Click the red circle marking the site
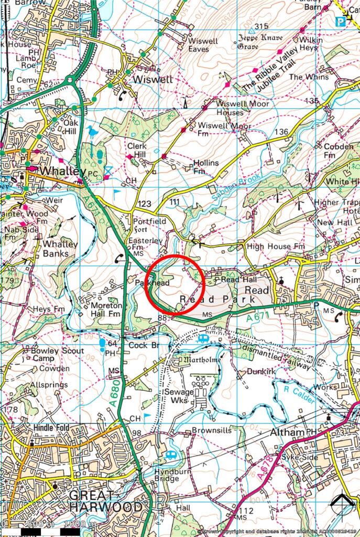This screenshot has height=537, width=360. pos(172,284)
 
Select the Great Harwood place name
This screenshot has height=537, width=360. pos(106,501)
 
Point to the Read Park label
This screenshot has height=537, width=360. pos(217,298)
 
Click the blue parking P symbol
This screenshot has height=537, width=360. pos(341,22)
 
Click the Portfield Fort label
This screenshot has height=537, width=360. pos(149,225)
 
